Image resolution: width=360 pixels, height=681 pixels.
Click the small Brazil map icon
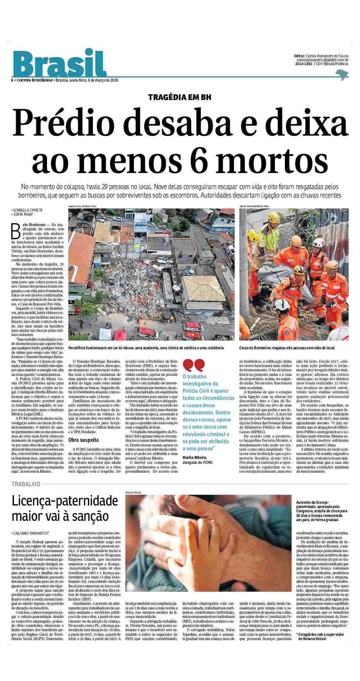pos(341,74)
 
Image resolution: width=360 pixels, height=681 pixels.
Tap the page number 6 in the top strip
pos(12,80)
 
